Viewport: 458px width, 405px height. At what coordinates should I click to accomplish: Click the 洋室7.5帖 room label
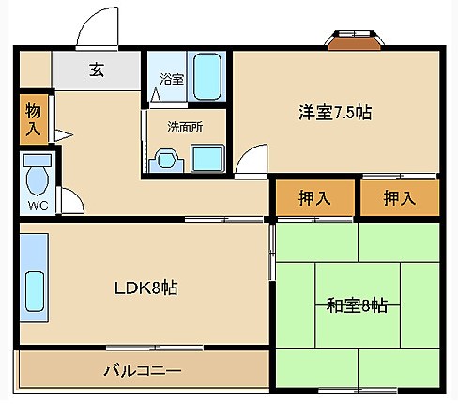pyautogui.click(x=335, y=113)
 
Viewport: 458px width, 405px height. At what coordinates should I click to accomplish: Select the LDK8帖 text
pyautogui.click(x=145, y=288)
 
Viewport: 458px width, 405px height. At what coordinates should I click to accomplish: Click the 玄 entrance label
pyautogui.click(x=96, y=69)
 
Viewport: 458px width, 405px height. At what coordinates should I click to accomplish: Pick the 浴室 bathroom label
pyautogui.click(x=171, y=80)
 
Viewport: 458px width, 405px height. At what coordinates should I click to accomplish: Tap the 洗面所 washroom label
pyautogui.click(x=184, y=126)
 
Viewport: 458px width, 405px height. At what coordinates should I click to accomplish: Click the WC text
pyautogui.click(x=38, y=205)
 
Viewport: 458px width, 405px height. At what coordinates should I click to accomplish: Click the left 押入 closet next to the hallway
pyautogui.click(x=313, y=197)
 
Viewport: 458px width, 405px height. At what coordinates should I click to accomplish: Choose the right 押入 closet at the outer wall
pyautogui.click(x=400, y=197)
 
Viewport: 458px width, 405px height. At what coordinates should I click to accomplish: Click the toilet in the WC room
pyautogui.click(x=38, y=177)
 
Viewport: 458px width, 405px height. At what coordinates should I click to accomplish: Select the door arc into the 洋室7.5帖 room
pyautogui.click(x=251, y=162)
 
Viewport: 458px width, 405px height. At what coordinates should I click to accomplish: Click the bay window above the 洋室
pyautogui.click(x=355, y=39)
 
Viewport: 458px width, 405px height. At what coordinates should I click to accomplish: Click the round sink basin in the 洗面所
pyautogui.click(x=167, y=160)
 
